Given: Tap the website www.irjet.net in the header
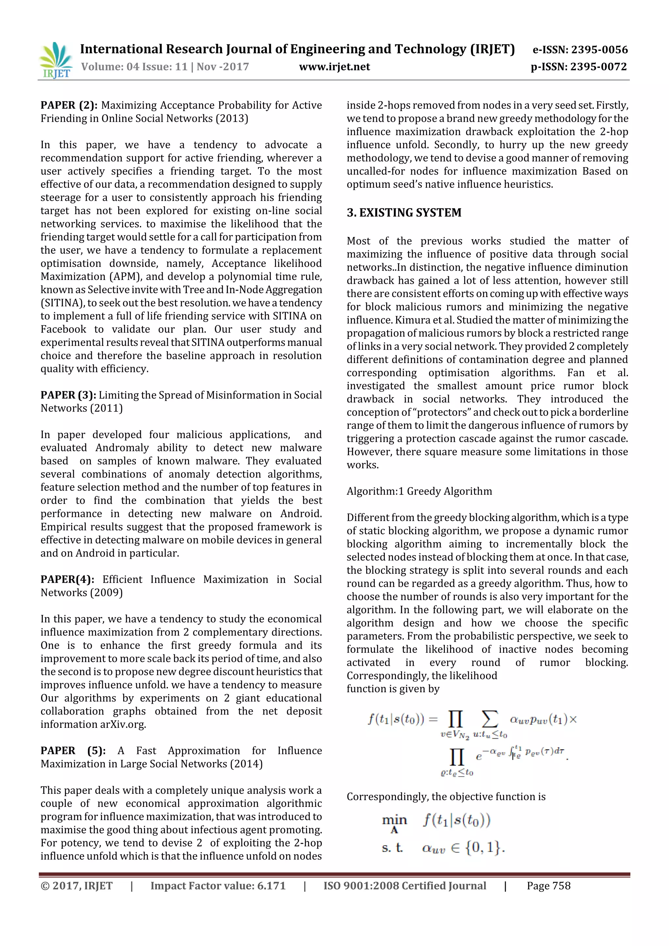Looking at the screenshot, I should pyautogui.click(x=334, y=67).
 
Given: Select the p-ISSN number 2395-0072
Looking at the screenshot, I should pyautogui.click(x=598, y=67).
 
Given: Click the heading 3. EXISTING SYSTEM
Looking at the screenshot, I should pyautogui.click(x=404, y=213).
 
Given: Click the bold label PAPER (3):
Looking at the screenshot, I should pyautogui.click(x=68, y=395).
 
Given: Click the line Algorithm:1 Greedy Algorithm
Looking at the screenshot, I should pyautogui.click(x=419, y=491).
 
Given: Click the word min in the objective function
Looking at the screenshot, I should pyautogui.click(x=394, y=820).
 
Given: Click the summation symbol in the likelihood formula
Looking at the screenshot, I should pyautogui.click(x=490, y=719).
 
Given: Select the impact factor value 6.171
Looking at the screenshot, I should pyautogui.click(x=271, y=886).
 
